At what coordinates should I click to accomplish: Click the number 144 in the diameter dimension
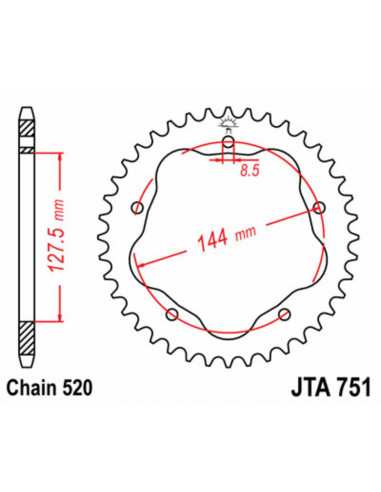213,240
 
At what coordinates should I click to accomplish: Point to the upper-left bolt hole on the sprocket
137,208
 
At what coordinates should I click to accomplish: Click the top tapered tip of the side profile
27,110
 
